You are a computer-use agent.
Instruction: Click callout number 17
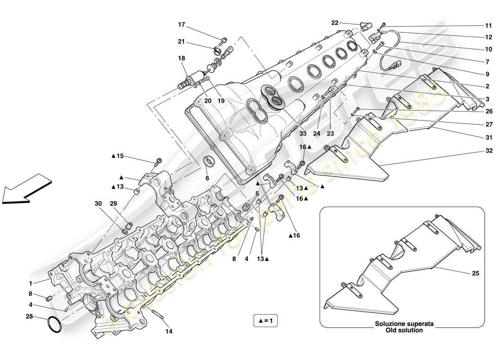[181, 25]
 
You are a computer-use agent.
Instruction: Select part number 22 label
[334, 23]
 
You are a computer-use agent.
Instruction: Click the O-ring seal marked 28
[54, 325]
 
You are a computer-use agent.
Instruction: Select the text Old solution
[400, 330]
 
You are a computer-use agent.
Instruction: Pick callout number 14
[168, 332]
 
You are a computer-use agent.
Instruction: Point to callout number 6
[207, 178]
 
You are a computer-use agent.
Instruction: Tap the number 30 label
[98, 203]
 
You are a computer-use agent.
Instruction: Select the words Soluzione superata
[400, 324]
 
